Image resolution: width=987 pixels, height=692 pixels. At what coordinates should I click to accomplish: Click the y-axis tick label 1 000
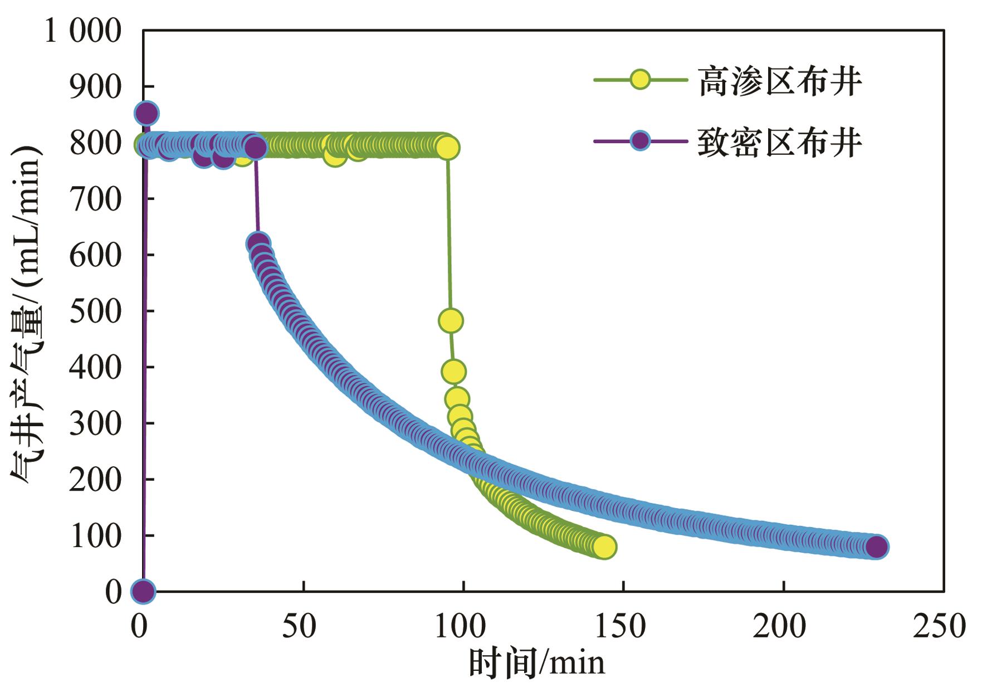pos(82,31)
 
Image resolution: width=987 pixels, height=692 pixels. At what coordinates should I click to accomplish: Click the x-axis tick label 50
pos(299,626)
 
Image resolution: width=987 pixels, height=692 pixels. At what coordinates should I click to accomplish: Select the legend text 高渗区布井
pos(780,81)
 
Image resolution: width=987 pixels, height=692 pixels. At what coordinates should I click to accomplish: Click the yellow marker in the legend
pos(640,80)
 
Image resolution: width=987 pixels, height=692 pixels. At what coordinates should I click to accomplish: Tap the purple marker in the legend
pos(640,141)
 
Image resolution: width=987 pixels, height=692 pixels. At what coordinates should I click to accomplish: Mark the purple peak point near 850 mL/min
pos(146,114)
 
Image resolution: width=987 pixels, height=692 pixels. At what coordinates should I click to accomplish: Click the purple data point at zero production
pos(143,591)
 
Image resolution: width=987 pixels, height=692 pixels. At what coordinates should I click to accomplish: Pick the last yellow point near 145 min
pos(605,547)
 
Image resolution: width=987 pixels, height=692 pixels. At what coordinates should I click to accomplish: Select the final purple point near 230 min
pos(877,547)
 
